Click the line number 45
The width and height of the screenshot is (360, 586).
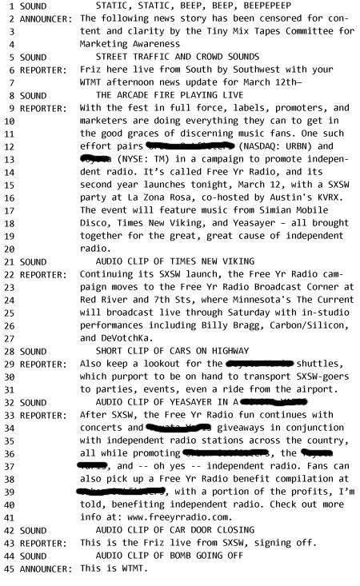[x=8, y=568]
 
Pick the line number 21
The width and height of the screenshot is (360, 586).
[x=8, y=261]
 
